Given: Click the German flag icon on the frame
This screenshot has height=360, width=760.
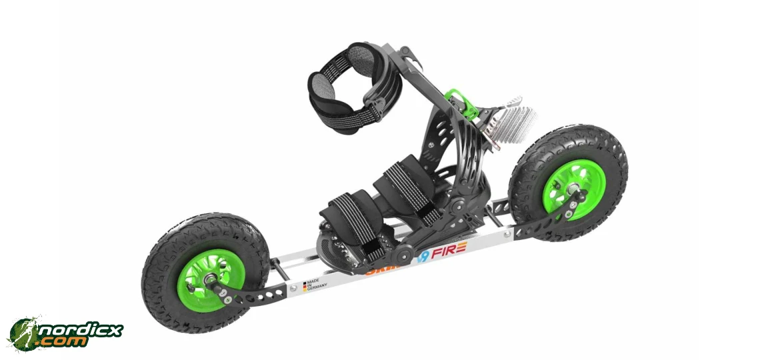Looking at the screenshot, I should point(305,285).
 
